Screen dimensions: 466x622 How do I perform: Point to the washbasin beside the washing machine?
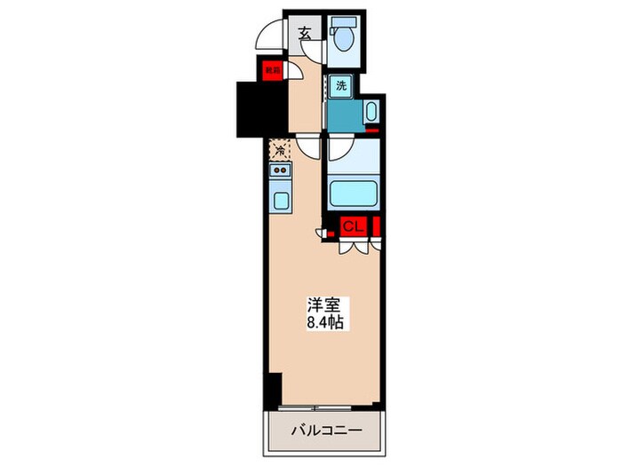tap(371, 113)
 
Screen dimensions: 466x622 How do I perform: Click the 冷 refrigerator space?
tap(279, 151)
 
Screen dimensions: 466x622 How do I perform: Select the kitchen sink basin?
tap(281, 200)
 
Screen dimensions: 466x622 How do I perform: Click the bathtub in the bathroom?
tap(353, 191)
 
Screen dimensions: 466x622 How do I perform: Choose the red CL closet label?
tap(352, 225)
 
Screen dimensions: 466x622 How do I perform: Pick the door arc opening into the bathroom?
tap(342, 147)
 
